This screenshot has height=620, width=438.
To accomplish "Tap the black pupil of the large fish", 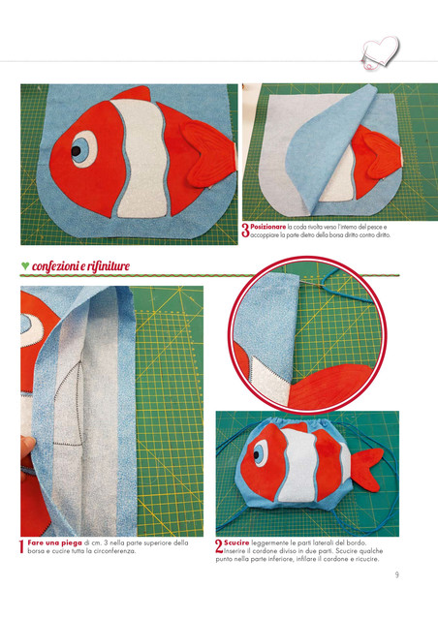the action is pos(76,151).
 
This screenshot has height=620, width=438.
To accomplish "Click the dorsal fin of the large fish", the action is pos(133,94).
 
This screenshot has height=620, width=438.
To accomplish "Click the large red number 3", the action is pos(245,231).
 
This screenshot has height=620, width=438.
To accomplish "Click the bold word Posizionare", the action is pos(267,227).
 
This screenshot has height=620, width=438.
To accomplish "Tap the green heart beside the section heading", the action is pos(25,265).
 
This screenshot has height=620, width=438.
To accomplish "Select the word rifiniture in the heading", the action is pos(108,266).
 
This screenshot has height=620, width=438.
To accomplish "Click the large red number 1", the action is pos(22,546).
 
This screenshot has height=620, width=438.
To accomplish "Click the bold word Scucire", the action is pos(236,542).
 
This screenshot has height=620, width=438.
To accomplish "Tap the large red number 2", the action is pos(219,546).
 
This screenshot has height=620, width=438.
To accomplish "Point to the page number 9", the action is pos(397,574).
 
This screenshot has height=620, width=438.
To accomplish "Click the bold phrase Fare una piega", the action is pos(54,542).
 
